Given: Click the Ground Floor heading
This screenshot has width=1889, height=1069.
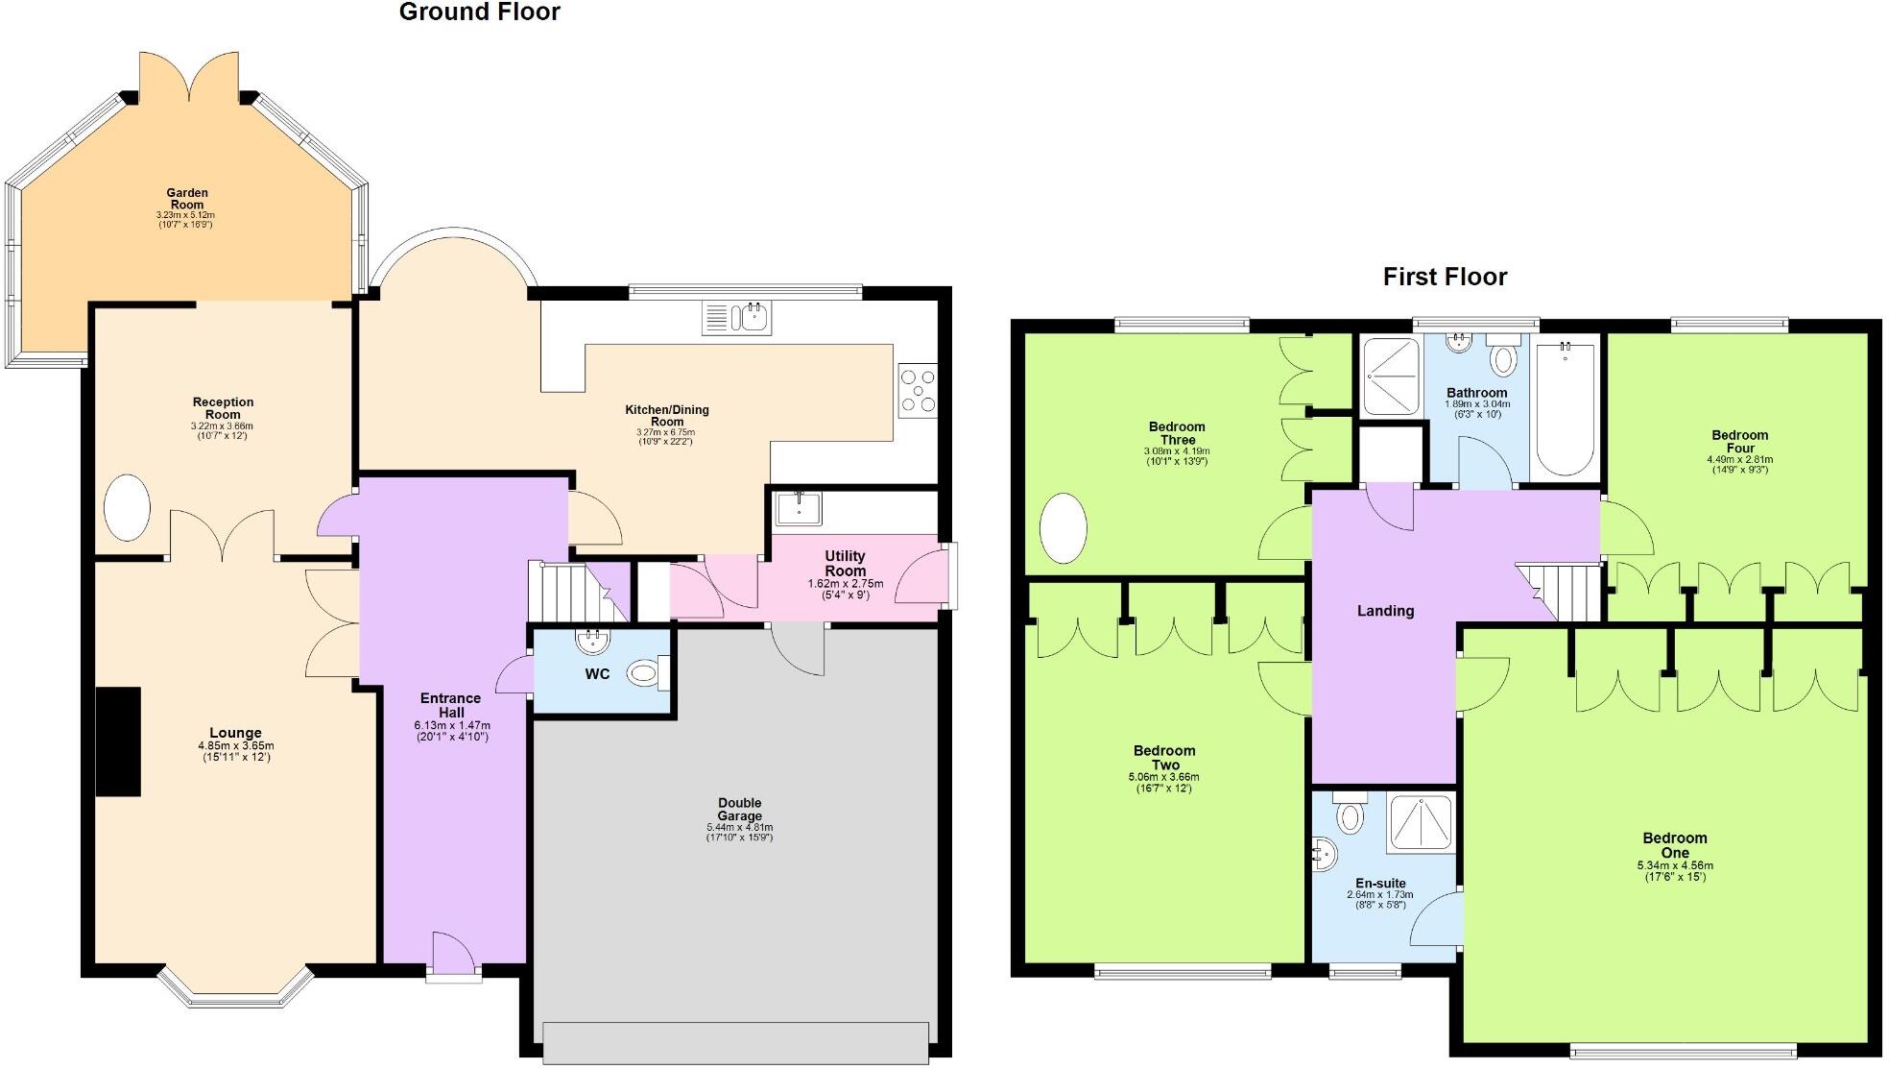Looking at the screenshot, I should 479,12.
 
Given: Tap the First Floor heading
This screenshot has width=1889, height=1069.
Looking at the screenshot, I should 1445,277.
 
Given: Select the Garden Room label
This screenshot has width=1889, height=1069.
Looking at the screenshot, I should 187,198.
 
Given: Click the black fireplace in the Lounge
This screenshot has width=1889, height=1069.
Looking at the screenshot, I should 118,741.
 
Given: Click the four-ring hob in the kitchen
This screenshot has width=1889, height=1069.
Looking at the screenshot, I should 918,390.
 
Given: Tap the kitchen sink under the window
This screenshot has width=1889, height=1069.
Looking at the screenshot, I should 737,317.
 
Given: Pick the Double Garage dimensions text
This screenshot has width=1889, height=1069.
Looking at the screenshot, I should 739,832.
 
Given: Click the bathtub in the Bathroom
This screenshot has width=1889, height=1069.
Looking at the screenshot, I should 1565,408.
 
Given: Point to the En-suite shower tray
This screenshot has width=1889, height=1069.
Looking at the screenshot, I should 1421,823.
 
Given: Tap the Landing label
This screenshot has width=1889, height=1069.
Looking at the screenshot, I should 1385,611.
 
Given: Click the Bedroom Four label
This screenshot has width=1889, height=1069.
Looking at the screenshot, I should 1739,441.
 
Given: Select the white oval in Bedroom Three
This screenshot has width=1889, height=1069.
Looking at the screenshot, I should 1064,527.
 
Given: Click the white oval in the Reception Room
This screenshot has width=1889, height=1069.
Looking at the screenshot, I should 127,507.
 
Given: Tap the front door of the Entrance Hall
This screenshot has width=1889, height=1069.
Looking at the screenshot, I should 453,959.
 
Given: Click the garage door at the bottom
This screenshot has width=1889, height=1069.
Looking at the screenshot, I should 735,1043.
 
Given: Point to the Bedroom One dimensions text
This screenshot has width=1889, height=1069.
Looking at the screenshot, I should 1675,870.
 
